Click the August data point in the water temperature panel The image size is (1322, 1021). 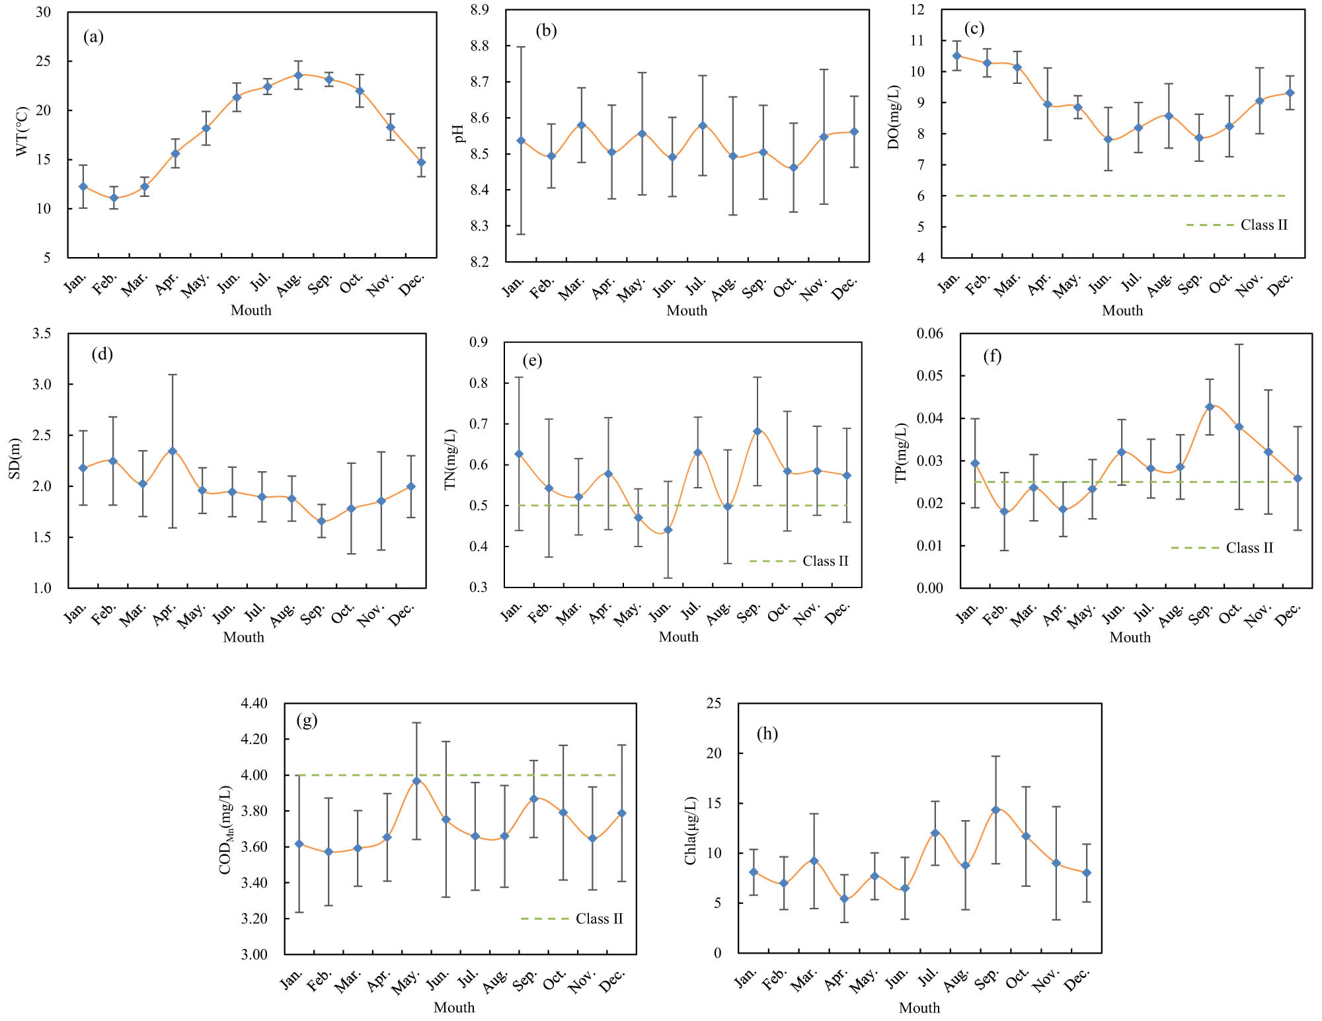tap(298, 75)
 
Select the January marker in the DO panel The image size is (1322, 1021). tap(956, 56)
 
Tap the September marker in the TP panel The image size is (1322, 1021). tap(1210, 407)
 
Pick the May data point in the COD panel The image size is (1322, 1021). tap(416, 781)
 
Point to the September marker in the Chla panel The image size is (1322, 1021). tap(995, 810)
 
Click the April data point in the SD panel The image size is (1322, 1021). tap(173, 451)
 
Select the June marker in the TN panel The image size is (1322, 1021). tap(668, 530)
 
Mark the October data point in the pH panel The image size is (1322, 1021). tap(794, 168)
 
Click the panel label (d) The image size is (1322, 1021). tap(102, 354)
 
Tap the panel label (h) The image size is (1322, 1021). tap(767, 734)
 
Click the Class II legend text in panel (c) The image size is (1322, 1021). tap(1264, 225)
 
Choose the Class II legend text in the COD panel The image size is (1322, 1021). tap(599, 919)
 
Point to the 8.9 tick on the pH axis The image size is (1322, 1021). tap(480, 10)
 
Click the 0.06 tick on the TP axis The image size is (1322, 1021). tap(929, 333)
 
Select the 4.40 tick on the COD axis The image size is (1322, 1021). tap(254, 703)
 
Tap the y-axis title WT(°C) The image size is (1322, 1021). tap(22, 131)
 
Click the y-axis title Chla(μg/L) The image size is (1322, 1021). tap(691, 830)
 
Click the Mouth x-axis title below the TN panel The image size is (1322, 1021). tap(678, 636)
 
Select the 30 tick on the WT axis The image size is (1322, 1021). tap(44, 13)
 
